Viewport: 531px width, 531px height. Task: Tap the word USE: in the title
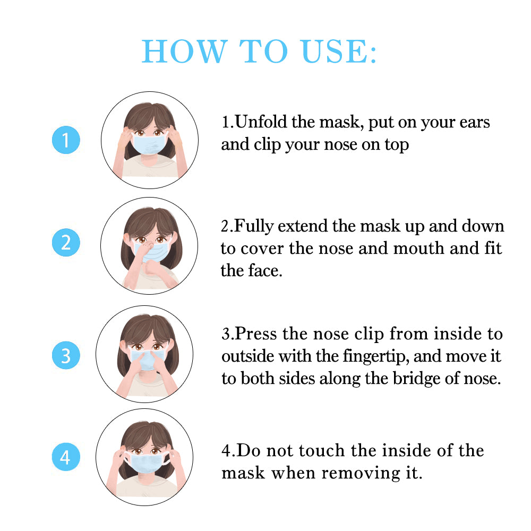pos(339,52)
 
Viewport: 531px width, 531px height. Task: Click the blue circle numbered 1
pos(66,140)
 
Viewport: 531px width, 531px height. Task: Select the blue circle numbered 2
pos(66,243)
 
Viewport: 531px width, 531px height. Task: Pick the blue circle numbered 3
pos(66,355)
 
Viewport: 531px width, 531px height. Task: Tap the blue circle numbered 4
pos(66,457)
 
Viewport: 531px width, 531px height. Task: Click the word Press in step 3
pos(257,334)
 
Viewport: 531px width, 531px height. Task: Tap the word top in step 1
pos(396,145)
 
